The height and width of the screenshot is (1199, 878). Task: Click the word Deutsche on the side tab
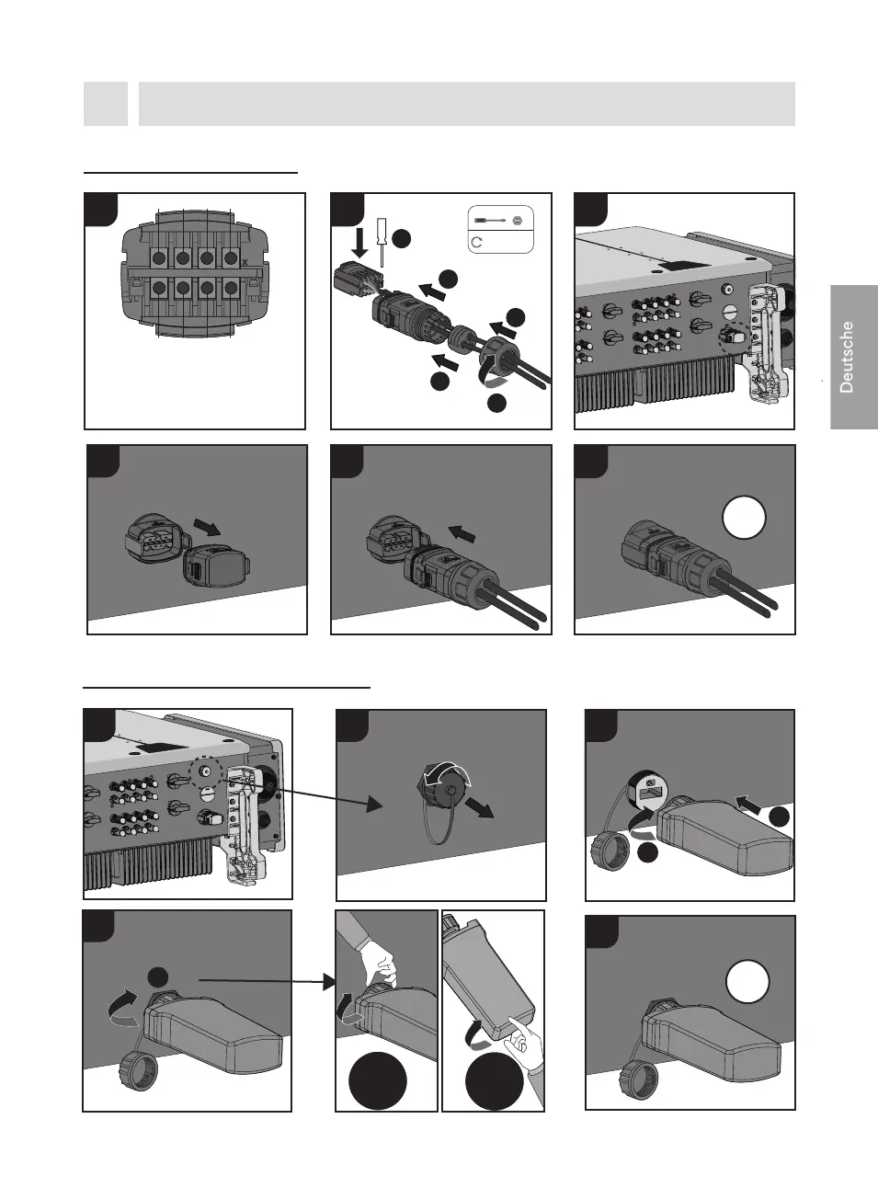(x=847, y=357)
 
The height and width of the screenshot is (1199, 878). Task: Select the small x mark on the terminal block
(x=244, y=263)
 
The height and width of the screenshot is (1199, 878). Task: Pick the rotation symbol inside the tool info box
(x=477, y=243)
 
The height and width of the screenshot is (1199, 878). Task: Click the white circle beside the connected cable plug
(x=744, y=518)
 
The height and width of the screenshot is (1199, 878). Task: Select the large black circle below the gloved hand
(x=378, y=1083)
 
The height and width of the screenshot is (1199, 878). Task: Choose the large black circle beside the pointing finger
(x=494, y=1083)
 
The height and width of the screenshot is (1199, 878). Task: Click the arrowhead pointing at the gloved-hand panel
(x=329, y=982)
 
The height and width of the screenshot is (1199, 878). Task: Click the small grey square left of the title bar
(x=105, y=103)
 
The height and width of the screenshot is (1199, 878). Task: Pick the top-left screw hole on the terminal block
(x=158, y=258)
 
